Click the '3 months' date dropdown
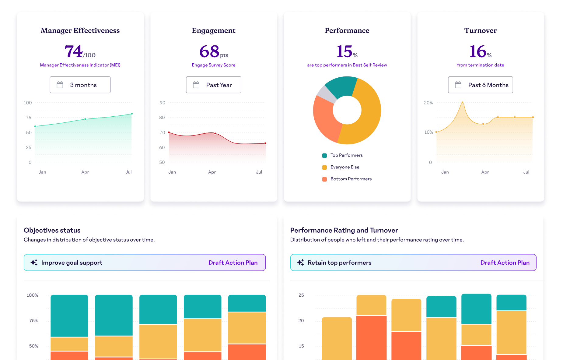pyautogui.click(x=80, y=85)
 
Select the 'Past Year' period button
pyautogui.click(x=213, y=85)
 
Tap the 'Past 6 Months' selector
pyautogui.click(x=480, y=85)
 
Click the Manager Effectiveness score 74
pyautogui.click(x=74, y=51)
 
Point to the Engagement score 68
pyautogui.click(x=209, y=51)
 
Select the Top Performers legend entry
pyautogui.click(x=346, y=155)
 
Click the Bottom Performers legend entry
pyautogui.click(x=351, y=179)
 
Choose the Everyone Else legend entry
pyautogui.click(x=344, y=167)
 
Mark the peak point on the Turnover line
pyautogui.click(x=462, y=103)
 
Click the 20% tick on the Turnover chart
pyautogui.click(x=428, y=103)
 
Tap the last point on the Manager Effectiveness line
pyautogui.click(x=132, y=114)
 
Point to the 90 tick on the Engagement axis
pyautogui.click(x=163, y=103)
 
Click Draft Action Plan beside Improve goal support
pyautogui.click(x=233, y=263)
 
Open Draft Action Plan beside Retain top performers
pyautogui.click(x=505, y=263)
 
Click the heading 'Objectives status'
pyautogui.click(x=52, y=230)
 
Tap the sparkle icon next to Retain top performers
pyautogui.click(x=300, y=263)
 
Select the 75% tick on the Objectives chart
pyautogui.click(x=33, y=321)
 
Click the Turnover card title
pyautogui.click(x=480, y=30)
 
